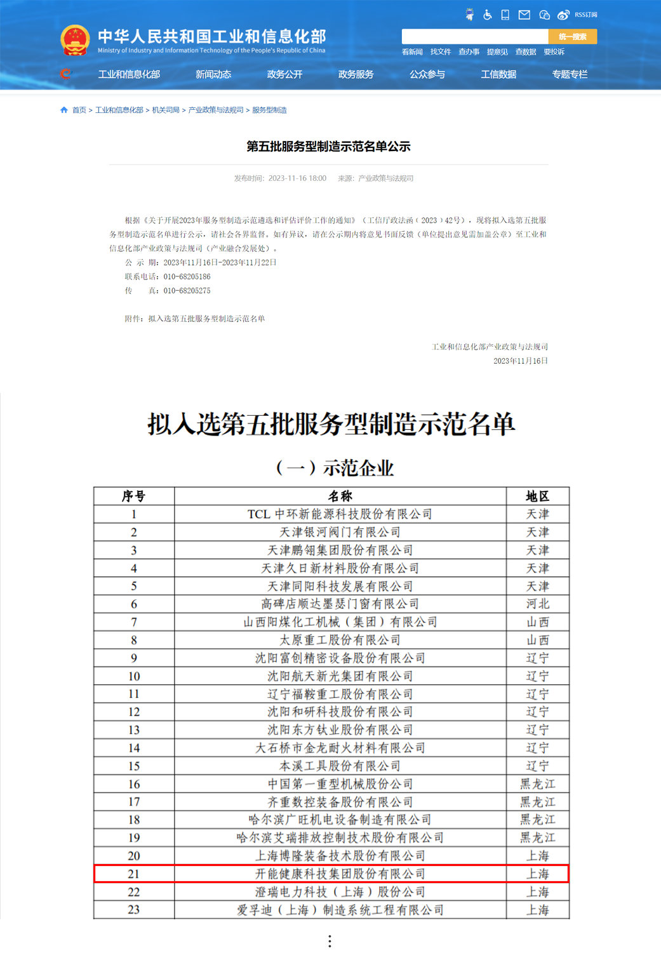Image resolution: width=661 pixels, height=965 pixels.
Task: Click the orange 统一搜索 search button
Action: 572,37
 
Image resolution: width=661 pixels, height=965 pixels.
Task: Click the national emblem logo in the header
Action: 74,39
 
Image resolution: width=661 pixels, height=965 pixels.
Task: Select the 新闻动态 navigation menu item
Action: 213,74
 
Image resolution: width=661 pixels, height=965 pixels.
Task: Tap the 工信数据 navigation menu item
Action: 498,74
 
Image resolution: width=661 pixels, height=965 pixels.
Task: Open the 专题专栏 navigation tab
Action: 570,74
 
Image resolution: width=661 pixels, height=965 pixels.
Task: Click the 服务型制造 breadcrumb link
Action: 269,110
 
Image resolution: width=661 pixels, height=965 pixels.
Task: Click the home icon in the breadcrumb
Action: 63,110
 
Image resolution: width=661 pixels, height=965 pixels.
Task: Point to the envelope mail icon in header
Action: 524,15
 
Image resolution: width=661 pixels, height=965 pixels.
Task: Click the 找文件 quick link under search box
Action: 440,52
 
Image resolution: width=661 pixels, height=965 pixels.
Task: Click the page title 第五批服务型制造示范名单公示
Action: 328,147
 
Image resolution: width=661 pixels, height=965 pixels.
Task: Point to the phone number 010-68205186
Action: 187,277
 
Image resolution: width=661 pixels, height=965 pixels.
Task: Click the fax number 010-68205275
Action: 187,291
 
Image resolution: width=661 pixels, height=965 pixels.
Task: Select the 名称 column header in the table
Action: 340,496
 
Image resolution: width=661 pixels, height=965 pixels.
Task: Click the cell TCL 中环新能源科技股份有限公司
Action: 340,514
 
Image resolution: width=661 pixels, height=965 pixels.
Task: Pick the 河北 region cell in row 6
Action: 537,604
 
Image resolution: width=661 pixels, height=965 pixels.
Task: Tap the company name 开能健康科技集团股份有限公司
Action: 340,874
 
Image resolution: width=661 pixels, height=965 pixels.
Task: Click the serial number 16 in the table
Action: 133,784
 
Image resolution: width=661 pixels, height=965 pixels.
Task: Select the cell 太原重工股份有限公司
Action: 340,640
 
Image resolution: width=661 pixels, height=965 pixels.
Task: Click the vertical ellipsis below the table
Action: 330,941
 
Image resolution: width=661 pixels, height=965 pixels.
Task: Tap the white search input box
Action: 474,37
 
